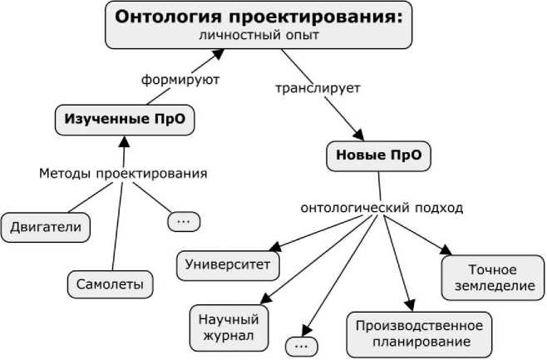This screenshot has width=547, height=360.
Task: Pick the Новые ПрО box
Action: click(x=379, y=155)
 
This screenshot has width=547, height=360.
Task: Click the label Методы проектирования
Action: click(x=123, y=174)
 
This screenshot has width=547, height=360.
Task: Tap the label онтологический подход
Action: click(x=382, y=208)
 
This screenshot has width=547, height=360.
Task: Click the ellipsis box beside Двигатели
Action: click(x=184, y=221)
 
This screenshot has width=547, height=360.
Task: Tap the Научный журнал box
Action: click(x=228, y=328)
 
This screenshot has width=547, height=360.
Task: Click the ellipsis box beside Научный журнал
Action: click(x=301, y=344)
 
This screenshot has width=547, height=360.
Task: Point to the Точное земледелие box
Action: click(x=492, y=278)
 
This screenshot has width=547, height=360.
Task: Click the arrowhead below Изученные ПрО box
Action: click(x=124, y=141)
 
